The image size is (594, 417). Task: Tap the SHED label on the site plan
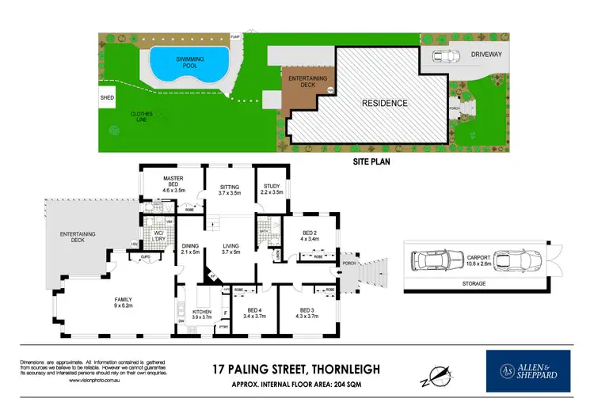[106, 98]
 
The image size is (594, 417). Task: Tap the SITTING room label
[229, 188]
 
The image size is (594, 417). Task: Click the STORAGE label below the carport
[474, 282]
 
